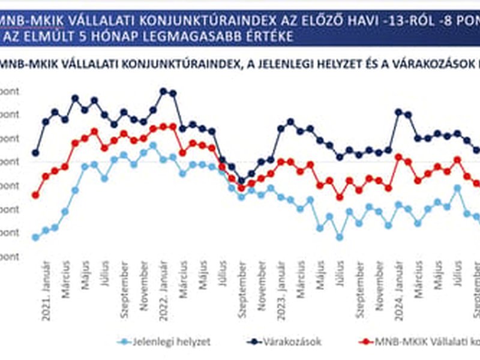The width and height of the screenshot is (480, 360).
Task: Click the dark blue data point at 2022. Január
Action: (163, 91)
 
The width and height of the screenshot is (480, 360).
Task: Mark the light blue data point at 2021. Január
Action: (35, 238)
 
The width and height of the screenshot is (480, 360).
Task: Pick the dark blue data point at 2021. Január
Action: (35, 153)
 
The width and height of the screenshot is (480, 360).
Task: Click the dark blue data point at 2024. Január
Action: (398, 112)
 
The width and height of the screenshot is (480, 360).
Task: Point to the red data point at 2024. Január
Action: (398, 157)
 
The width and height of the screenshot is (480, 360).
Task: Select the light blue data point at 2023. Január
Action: (280, 197)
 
